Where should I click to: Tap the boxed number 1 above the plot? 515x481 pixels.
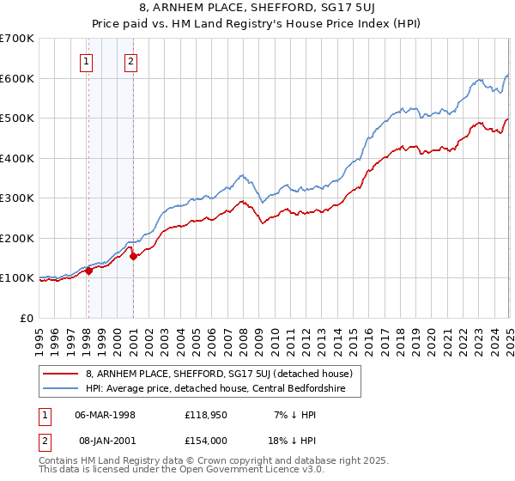pyautogui.click(x=88, y=61)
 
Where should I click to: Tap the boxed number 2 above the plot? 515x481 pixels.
pyautogui.click(x=130, y=61)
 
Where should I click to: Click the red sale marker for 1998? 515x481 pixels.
pyautogui.click(x=88, y=271)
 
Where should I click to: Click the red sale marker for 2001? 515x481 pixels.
pyautogui.click(x=133, y=256)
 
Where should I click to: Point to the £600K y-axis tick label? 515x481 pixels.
pyautogui.click(x=17, y=78)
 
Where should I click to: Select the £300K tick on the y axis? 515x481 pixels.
pyautogui.click(x=17, y=198)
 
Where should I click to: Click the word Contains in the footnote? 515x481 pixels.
pyautogui.click(x=61, y=460)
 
